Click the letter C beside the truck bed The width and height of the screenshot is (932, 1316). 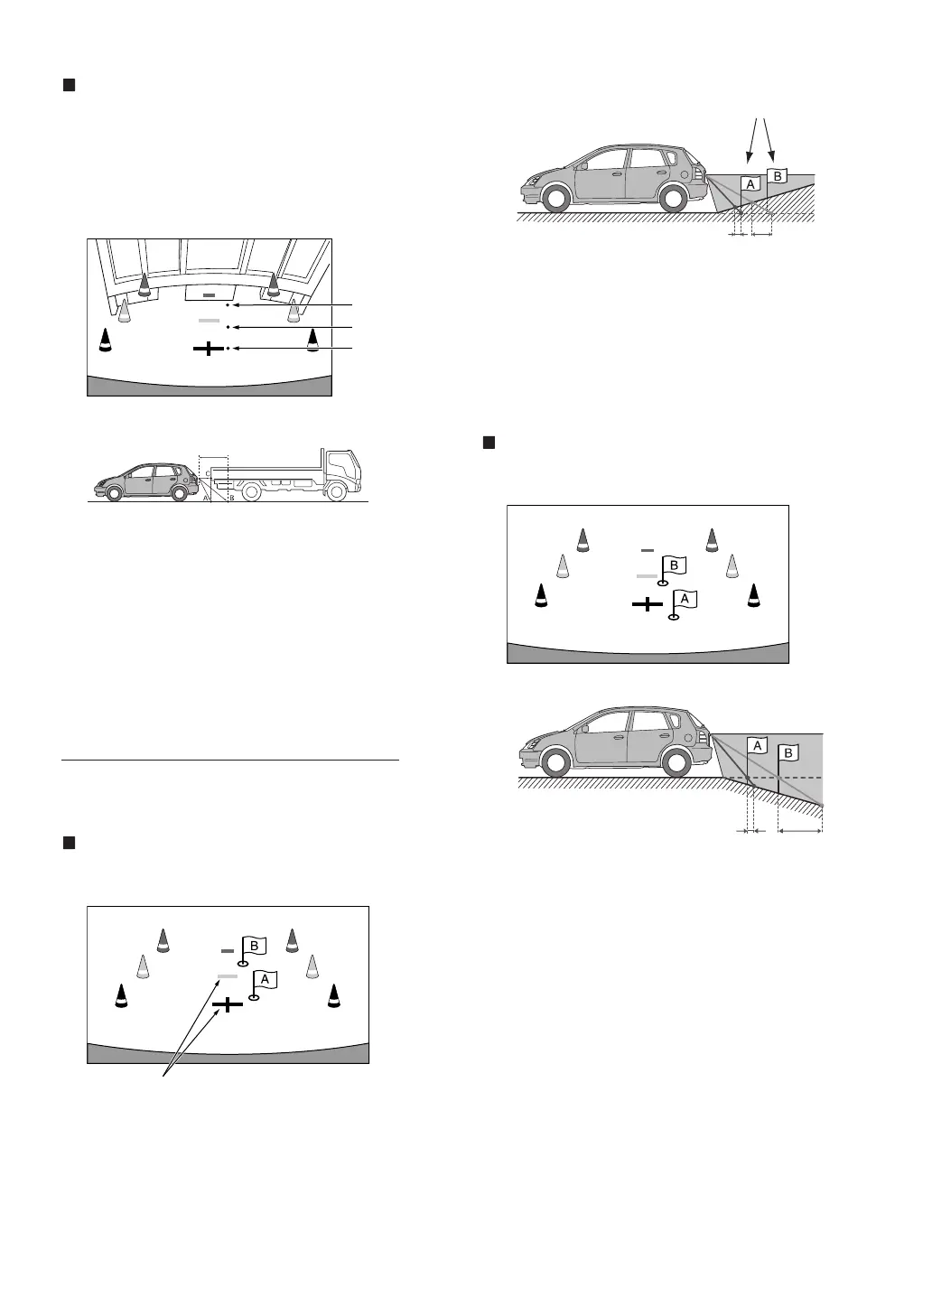pyautogui.click(x=207, y=472)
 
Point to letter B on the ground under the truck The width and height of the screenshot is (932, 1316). pyautogui.click(x=231, y=498)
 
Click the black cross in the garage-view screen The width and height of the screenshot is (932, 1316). pyautogui.click(x=209, y=348)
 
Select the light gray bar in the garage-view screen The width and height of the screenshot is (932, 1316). pyautogui.click(x=209, y=321)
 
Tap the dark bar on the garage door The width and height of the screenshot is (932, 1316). pyautogui.click(x=209, y=295)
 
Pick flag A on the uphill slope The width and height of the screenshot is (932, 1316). pyautogui.click(x=750, y=183)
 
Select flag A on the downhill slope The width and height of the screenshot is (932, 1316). pyautogui.click(x=757, y=746)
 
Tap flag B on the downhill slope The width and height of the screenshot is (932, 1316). pyautogui.click(x=788, y=752)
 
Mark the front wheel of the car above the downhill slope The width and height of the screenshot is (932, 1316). pyautogui.click(x=556, y=762)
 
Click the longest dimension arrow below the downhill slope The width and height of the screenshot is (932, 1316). pyautogui.click(x=800, y=831)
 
